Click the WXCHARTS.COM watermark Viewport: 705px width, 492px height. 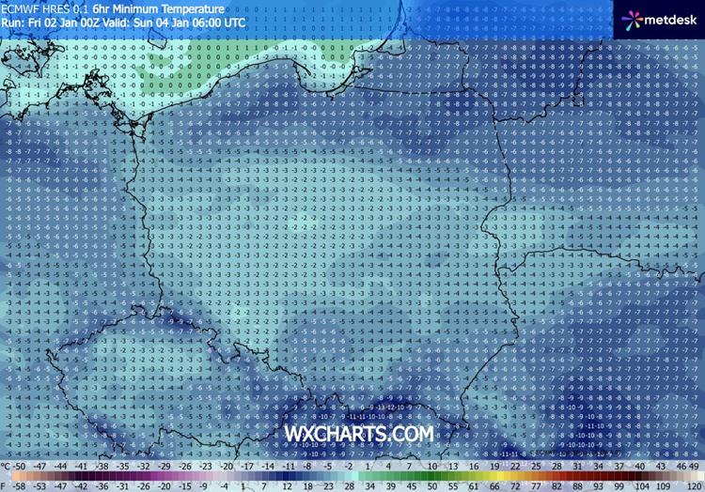tap(359, 434)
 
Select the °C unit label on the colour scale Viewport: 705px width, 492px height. tap(7, 466)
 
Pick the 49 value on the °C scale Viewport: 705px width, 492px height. tap(695, 466)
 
